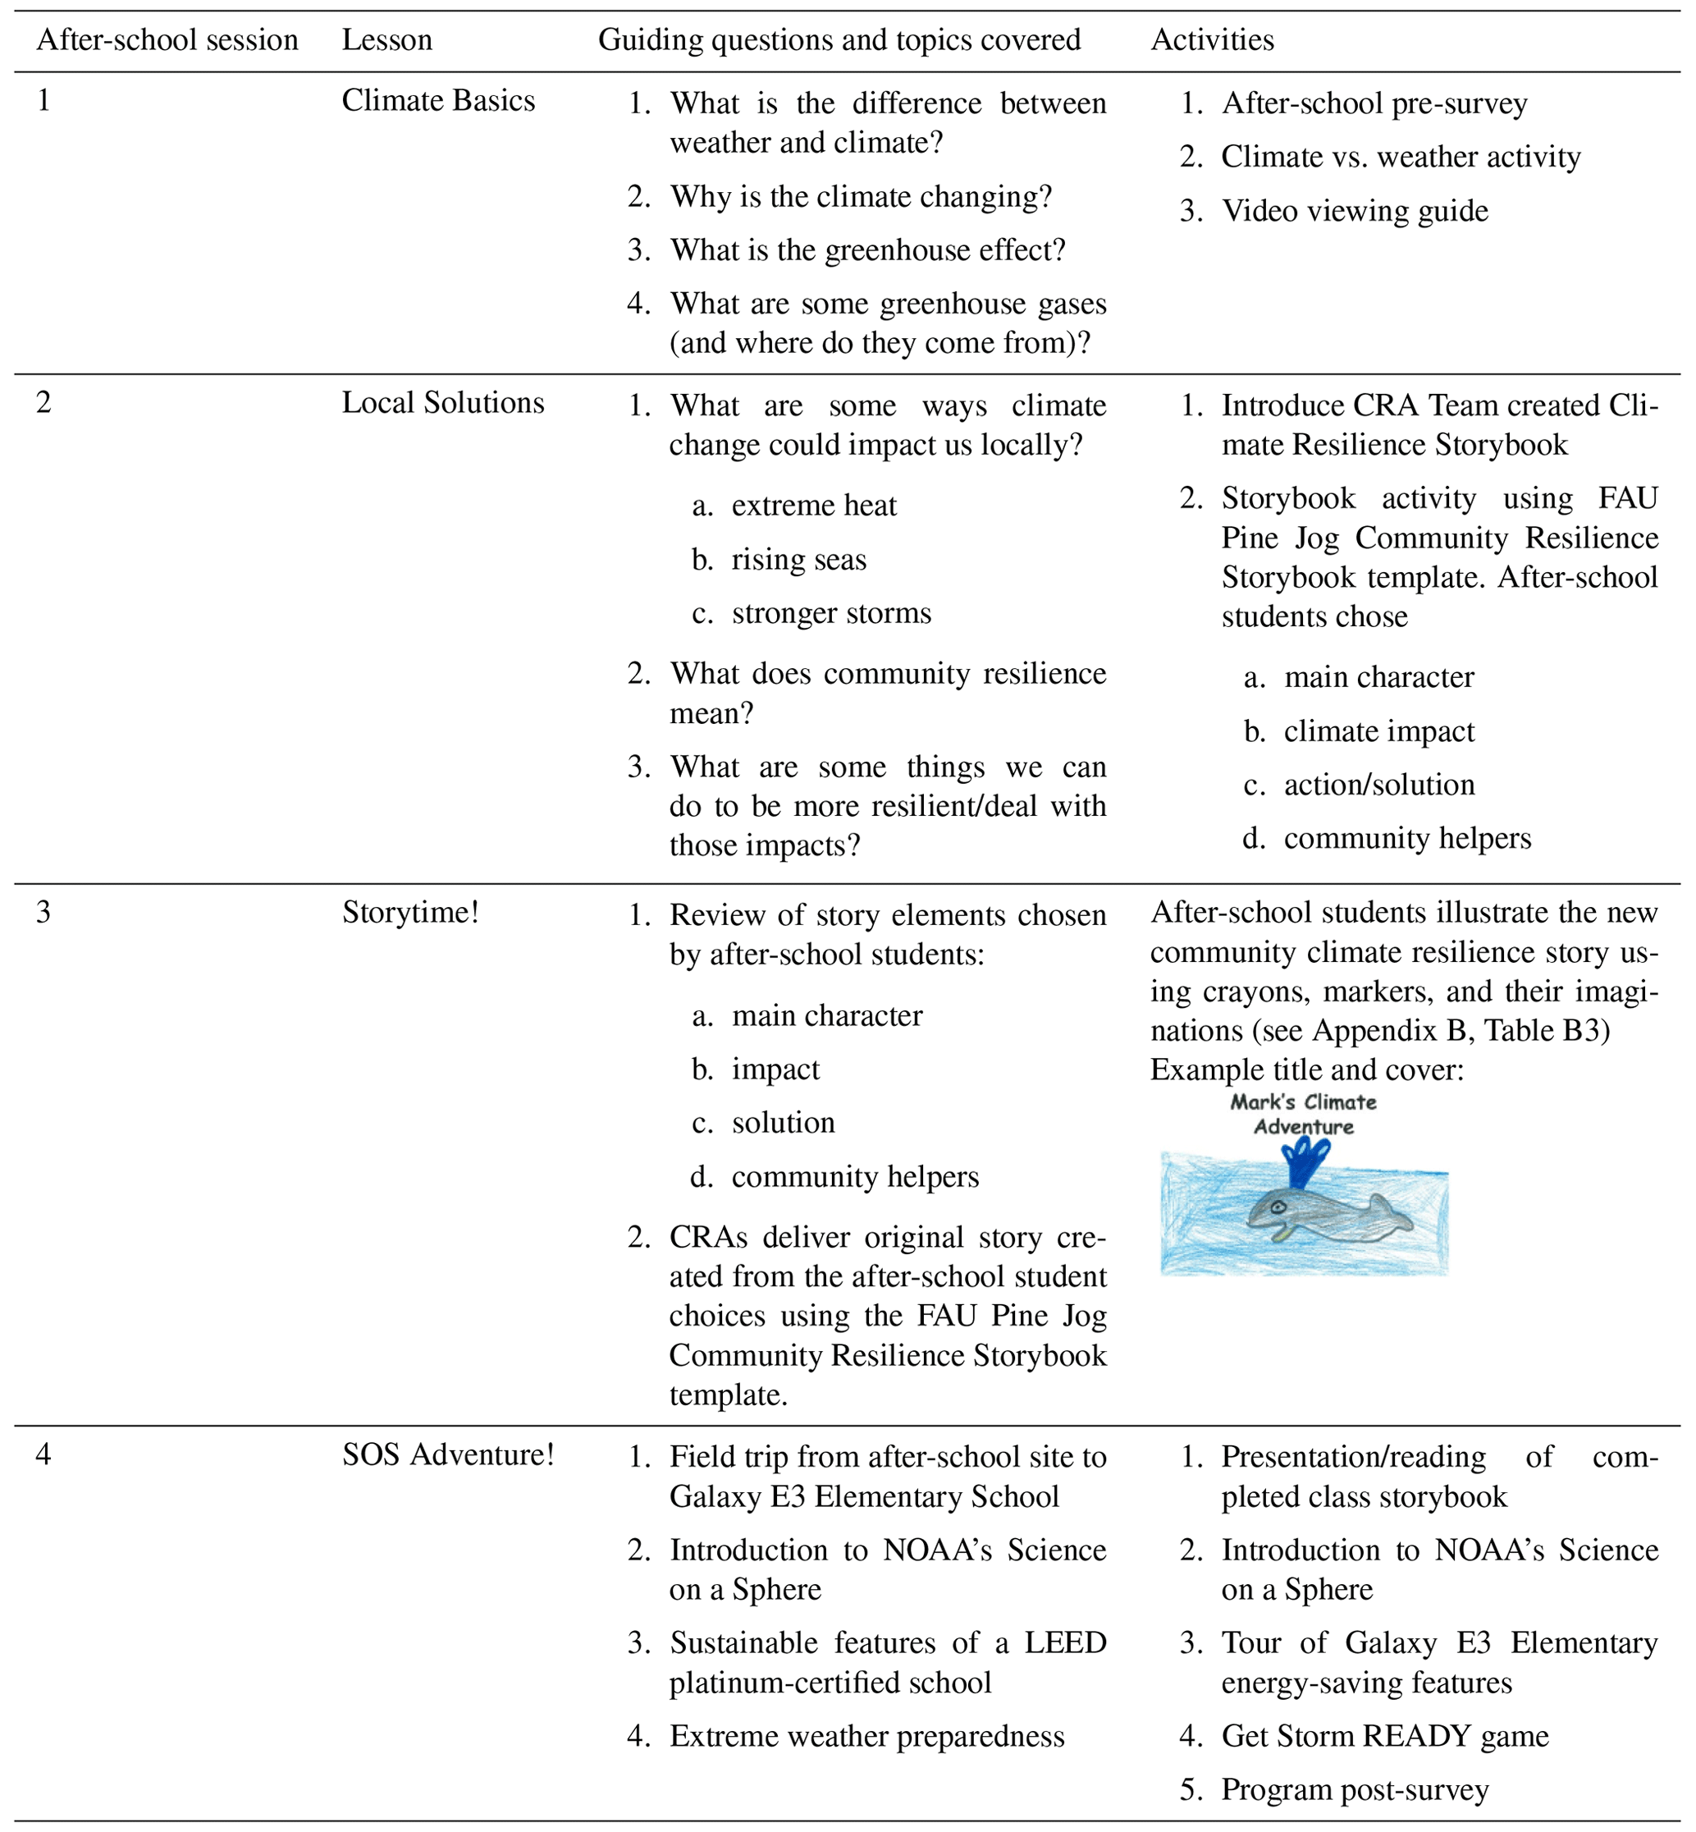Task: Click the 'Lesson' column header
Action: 386,40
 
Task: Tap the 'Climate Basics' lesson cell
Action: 438,101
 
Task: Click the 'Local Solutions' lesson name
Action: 442,403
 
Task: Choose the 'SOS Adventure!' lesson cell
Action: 448,1454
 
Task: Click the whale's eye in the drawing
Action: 1278,1208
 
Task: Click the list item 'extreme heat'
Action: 813,506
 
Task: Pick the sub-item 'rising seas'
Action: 798,560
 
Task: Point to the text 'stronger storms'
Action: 830,613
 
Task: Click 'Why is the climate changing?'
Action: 860,197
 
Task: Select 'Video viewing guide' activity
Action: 1354,211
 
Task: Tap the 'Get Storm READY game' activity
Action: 1384,1736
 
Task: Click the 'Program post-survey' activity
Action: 1354,1790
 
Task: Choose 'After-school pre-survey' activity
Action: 1373,103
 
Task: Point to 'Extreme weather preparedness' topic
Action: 866,1736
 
